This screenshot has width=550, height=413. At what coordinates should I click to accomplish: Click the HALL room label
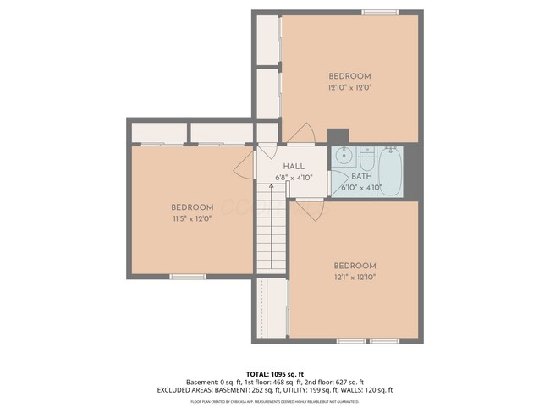(x=294, y=167)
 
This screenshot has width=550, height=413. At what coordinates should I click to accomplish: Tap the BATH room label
(x=361, y=177)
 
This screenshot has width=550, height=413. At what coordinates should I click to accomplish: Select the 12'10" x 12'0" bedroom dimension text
(x=349, y=87)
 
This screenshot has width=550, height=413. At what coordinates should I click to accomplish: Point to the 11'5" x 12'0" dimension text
(x=191, y=218)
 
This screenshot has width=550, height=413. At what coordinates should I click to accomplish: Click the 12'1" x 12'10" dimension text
(x=354, y=276)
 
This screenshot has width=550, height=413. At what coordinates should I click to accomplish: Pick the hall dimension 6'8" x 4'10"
(x=294, y=178)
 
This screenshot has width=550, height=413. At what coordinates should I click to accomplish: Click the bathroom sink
(x=344, y=156)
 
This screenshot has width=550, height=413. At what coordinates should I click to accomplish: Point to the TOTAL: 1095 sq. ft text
(x=274, y=373)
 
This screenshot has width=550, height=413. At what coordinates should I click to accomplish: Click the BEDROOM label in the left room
(x=191, y=207)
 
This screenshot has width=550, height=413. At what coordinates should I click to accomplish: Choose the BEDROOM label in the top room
(x=349, y=76)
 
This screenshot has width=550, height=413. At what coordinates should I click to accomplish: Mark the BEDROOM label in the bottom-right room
(x=354, y=265)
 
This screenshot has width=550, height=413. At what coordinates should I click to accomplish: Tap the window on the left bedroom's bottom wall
(x=187, y=276)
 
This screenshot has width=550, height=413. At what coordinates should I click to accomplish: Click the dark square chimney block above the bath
(x=338, y=135)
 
